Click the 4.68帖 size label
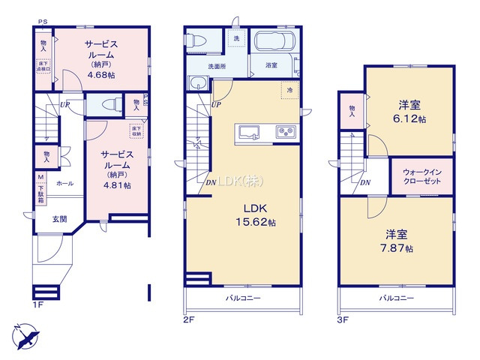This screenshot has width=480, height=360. pos(100,74)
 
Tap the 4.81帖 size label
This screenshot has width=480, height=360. pos(116,185)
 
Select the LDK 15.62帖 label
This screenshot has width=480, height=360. pos(251,223)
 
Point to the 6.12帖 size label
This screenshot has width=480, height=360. pos(412,119)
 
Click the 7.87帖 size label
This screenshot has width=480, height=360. pos(398,248)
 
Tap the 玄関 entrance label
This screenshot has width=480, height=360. pos(59,219)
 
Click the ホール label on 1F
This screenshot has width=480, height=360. pos(64,183)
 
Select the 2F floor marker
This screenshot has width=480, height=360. pos(189,319)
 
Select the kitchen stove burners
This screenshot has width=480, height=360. pos(286,133)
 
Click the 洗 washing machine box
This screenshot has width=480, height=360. pos(236,38)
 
